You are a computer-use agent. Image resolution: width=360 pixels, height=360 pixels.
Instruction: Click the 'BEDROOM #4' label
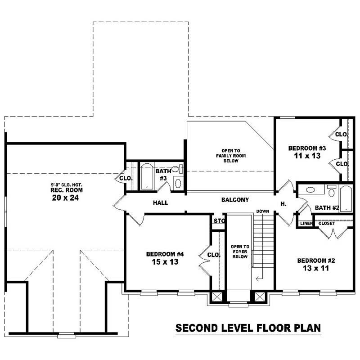pos(165,254)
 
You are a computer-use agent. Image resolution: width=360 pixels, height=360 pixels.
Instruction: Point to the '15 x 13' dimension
pos(165,262)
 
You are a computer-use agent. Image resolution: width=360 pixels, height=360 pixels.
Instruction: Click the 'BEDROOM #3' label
pos(304,148)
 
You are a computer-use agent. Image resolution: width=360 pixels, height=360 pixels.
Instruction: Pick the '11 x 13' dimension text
pos(304,156)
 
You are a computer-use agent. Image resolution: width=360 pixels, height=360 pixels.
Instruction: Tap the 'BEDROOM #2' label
pos(315,261)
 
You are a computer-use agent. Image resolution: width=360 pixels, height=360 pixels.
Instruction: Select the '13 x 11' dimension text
pos(315,269)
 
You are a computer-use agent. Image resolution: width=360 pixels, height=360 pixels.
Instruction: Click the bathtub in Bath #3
pos(147,177)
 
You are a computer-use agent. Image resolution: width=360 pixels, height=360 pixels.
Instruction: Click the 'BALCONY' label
pos(235,200)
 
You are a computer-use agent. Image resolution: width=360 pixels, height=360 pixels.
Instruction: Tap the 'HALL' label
pos(160,203)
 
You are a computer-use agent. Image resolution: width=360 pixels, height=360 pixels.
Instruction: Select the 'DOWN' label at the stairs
pos(263,211)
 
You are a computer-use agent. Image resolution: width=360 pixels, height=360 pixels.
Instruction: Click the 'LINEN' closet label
pos(306,224)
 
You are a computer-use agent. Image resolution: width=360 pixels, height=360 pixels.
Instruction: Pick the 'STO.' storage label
pos(219,221)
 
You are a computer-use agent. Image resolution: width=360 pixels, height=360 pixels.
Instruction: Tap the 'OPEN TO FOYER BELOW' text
pos(240,252)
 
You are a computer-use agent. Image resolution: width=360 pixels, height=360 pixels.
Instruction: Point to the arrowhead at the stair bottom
pos(258,279)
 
